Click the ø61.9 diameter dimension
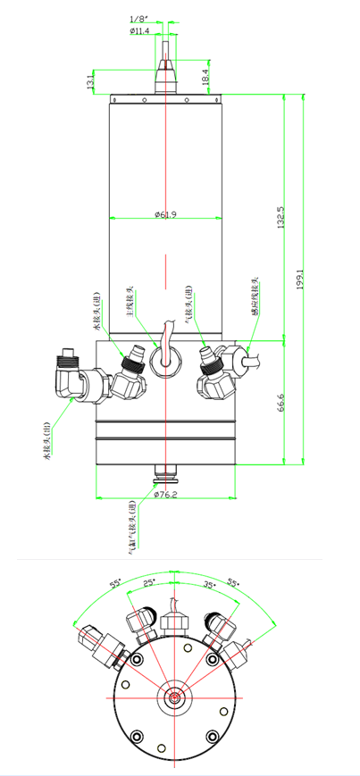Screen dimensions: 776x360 coord(166,214)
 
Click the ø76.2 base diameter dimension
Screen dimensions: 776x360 coord(166,493)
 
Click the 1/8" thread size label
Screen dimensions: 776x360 coord(138,19)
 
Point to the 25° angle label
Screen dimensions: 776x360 coord(150,581)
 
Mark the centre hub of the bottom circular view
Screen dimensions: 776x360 coord(174,697)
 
